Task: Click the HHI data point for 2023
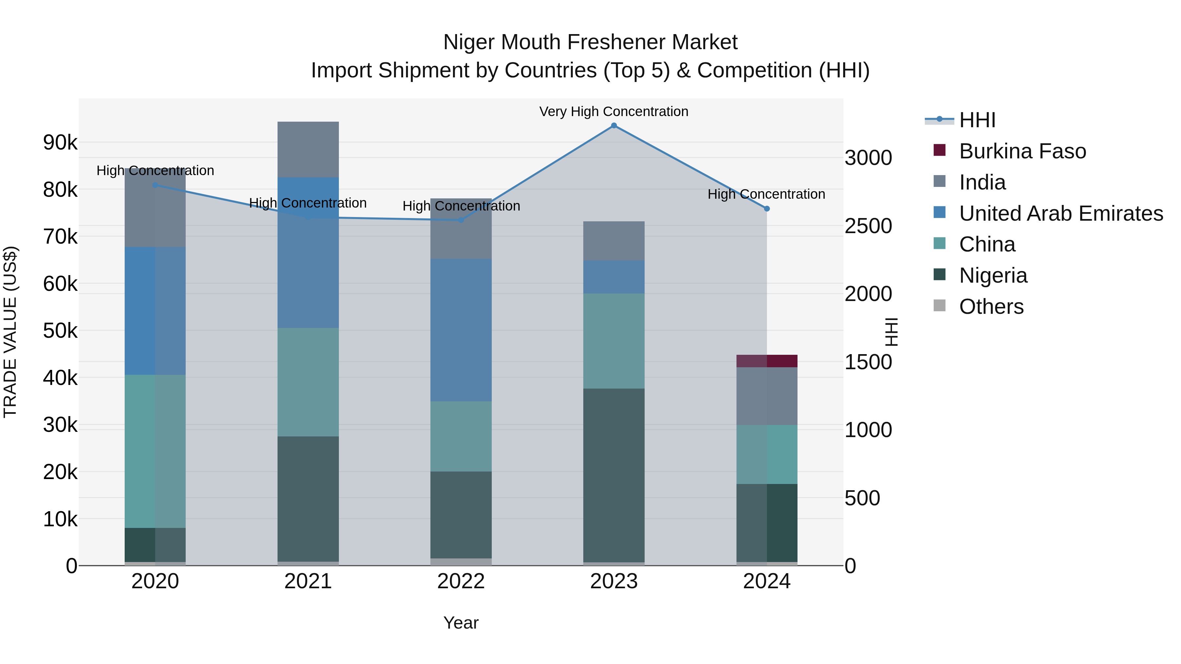614,126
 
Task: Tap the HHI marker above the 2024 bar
767,209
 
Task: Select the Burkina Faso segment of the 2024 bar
767,361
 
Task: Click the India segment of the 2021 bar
308,150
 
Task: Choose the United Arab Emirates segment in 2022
461,330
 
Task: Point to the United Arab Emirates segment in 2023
614,277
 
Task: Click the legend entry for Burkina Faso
1022,151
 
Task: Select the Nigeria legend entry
993,275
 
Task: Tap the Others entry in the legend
991,307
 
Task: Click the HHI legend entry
977,120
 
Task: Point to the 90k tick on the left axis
60,143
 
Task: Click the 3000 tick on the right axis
868,158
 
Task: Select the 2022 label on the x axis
461,581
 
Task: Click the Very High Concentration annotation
613,112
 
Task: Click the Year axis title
461,623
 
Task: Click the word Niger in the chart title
469,42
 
